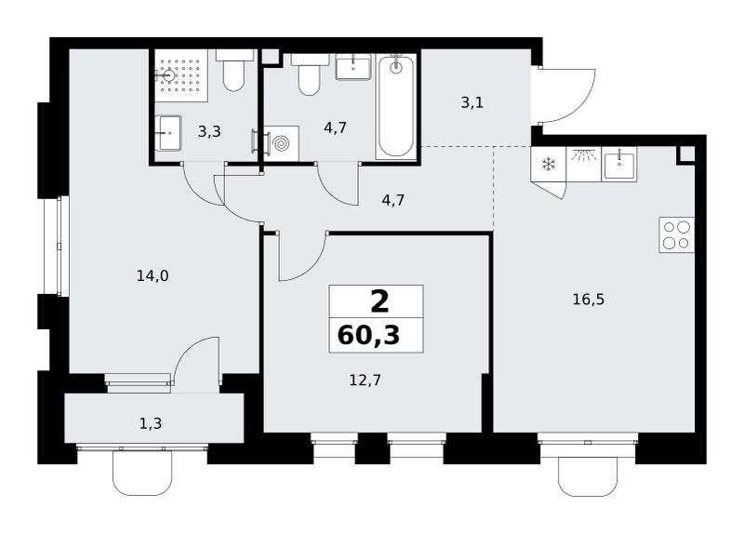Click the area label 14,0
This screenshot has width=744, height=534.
point(153,275)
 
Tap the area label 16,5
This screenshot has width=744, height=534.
point(588,300)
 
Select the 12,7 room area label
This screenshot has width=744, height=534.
point(365,380)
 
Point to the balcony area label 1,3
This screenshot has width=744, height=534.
point(151,423)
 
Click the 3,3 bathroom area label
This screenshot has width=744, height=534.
point(209,131)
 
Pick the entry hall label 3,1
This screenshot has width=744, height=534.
point(472,102)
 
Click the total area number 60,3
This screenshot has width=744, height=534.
point(368,336)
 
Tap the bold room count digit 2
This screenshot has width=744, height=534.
point(379,302)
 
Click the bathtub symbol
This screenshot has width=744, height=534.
point(396,106)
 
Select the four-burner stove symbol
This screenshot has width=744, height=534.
point(677,234)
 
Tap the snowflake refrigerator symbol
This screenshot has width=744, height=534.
point(549,165)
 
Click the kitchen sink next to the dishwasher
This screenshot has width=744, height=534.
point(619,165)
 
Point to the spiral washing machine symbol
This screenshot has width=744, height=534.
point(281,143)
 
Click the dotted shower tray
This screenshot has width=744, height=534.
point(181,75)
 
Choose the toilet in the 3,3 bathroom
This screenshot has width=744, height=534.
point(234,71)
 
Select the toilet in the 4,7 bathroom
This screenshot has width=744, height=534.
point(310,74)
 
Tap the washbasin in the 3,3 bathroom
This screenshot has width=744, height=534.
point(168,133)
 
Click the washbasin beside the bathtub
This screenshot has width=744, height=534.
point(353,67)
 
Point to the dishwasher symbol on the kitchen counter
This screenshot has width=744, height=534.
point(584,164)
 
